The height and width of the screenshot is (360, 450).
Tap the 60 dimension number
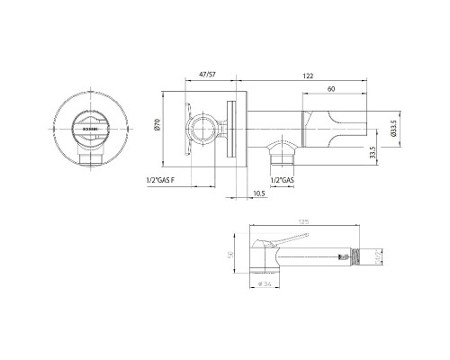tap(332, 89)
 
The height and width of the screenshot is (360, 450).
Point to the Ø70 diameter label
tap(157, 128)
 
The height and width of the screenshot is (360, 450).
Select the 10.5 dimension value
tap(259, 193)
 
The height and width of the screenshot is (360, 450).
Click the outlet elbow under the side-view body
tap(283, 149)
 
